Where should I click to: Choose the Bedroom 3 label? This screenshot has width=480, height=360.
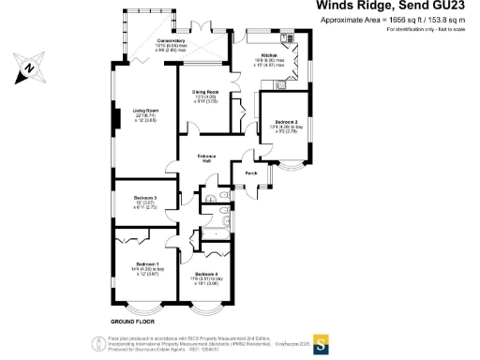tap(144, 198)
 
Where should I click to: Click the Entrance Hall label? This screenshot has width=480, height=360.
tap(206, 157)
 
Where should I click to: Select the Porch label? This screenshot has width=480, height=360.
tap(251, 173)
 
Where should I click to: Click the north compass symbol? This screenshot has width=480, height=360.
tap(29, 67)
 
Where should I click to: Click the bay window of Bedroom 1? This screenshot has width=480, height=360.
tap(143, 307)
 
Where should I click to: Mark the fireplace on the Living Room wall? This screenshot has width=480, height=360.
tap(114, 119)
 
